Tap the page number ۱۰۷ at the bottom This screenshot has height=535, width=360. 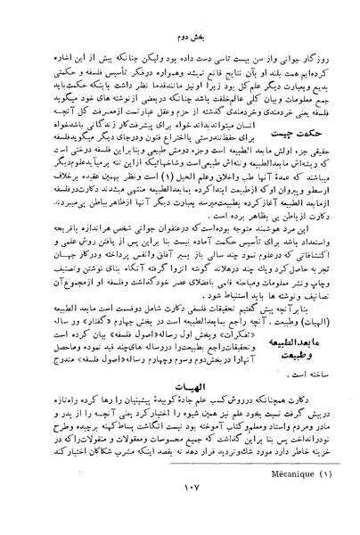point(184,513)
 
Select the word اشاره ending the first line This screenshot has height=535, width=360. point(50,42)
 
